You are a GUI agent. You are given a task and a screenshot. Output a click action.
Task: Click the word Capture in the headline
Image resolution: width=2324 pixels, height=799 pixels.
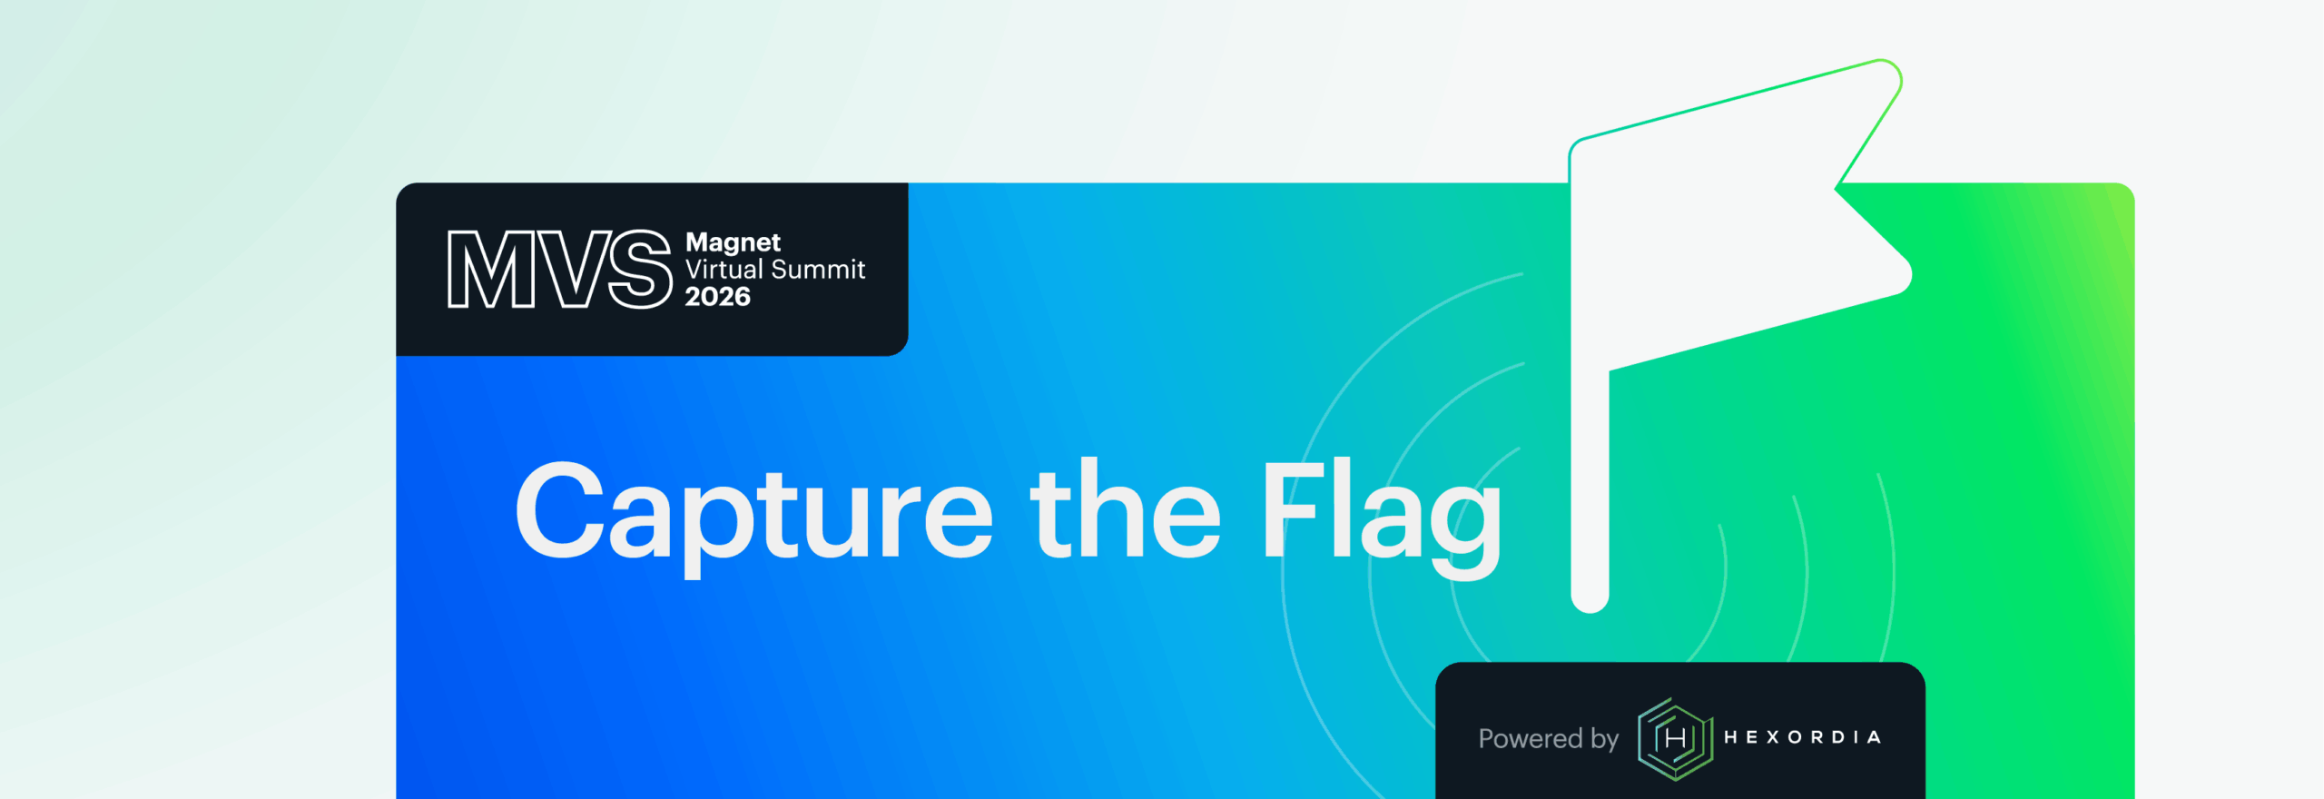click(x=754, y=516)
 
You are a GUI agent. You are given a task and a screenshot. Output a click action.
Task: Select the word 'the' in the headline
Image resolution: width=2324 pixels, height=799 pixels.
click(x=1126, y=508)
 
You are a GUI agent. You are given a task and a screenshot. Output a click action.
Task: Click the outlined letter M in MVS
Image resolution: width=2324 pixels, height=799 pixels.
click(x=491, y=269)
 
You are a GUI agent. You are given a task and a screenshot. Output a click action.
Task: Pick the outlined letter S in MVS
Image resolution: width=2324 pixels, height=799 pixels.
click(x=640, y=269)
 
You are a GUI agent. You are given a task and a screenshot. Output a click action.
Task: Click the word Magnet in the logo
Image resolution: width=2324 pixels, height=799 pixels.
click(x=733, y=243)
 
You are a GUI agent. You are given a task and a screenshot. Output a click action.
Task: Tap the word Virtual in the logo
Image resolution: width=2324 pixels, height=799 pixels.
click(x=724, y=269)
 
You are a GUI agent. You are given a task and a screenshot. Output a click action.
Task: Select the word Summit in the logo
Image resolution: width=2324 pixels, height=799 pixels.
click(x=818, y=269)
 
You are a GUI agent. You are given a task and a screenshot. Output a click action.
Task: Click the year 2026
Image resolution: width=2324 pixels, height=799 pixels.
click(x=717, y=296)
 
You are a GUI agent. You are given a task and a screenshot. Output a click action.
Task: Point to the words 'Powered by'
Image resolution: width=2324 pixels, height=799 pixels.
click(x=1548, y=739)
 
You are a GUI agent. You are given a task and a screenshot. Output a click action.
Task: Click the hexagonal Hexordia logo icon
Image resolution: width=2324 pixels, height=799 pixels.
click(x=1675, y=738)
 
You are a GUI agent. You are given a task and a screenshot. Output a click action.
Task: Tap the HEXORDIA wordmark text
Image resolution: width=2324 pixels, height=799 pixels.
click(x=1802, y=737)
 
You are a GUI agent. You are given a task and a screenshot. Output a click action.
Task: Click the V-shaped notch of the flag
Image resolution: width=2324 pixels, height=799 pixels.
click(x=1837, y=188)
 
